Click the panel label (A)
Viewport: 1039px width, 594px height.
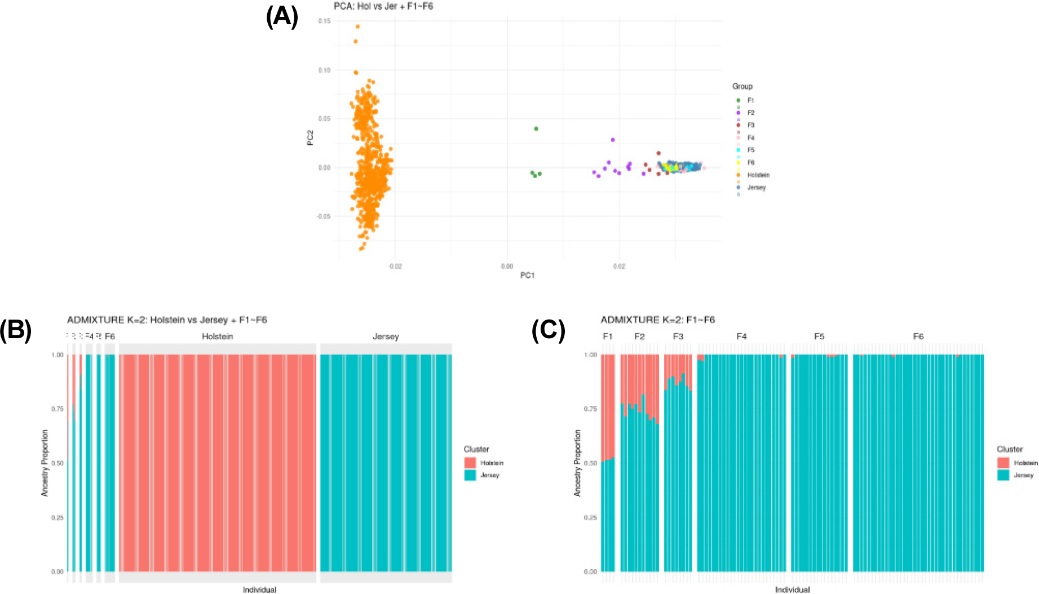pos(282,17)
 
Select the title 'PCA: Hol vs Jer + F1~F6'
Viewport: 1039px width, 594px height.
pos(383,6)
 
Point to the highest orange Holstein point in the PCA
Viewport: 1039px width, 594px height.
pos(357,26)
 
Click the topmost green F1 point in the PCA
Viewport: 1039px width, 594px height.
pos(536,129)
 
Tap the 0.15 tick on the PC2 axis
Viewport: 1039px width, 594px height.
pos(324,21)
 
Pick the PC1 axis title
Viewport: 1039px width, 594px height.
pos(527,275)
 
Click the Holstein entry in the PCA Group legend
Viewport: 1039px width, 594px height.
pos(758,175)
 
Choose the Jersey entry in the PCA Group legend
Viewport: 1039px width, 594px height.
pos(756,188)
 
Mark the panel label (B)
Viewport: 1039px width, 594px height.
pos(16,330)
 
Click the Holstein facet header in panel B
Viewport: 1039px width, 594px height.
pos(217,336)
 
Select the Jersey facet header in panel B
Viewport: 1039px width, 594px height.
pos(386,336)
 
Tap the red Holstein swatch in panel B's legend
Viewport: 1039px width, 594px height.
pos(470,463)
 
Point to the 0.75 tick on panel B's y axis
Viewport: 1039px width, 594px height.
pos(58,409)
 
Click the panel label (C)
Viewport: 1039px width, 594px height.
pos(548,330)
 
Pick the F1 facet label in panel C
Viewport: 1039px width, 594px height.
pos(607,336)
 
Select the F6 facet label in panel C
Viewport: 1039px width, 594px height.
pos(918,336)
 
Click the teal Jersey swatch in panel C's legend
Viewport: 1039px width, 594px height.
pos(1003,475)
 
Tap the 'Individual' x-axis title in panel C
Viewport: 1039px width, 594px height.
pos(792,589)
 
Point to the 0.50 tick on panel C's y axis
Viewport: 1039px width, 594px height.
pos(590,463)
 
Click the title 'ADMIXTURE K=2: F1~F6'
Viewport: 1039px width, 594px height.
pos(657,320)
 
